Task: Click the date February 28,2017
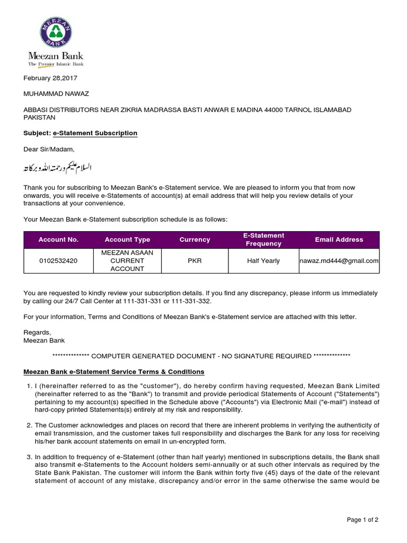point(51,78)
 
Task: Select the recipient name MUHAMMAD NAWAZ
point(56,94)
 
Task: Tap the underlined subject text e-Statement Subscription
point(95,133)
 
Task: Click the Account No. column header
point(58,240)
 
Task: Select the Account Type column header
point(127,240)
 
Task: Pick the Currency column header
point(194,240)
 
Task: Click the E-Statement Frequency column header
point(263,240)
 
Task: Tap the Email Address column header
point(339,240)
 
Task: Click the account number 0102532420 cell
point(58,261)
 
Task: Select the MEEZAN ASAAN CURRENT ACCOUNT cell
point(127,261)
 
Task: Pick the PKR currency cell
point(194,261)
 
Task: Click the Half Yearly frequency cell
point(263,261)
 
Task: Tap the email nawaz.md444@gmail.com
point(339,261)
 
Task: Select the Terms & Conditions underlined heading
point(113,372)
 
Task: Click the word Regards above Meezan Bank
point(37,332)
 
